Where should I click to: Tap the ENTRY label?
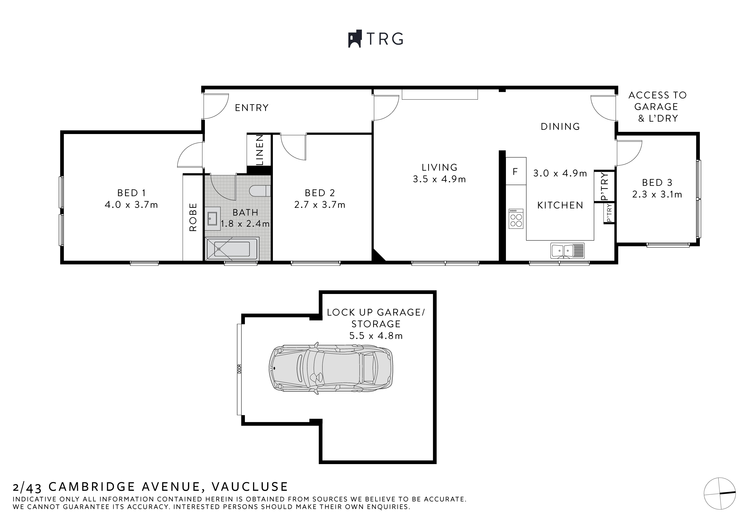(251, 108)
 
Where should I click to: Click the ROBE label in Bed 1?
(193, 217)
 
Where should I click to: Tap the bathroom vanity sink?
(212, 218)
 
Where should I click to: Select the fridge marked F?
(515, 172)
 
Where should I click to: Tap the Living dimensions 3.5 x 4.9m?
(439, 179)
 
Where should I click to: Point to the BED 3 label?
(657, 182)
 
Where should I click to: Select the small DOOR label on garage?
(239, 369)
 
